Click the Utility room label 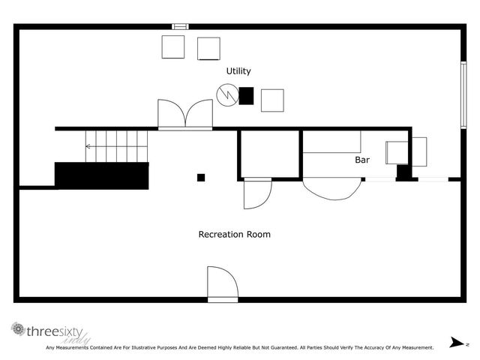tap(238, 71)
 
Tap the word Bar tap(362, 160)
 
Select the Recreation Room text tap(234, 234)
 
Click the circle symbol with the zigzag tap(226, 94)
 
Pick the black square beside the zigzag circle tap(246, 95)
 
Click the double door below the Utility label tap(185, 115)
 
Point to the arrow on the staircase tap(89, 147)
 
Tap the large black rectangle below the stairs tap(101, 175)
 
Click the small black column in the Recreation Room tap(200, 178)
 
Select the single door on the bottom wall tap(221, 283)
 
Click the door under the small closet tap(256, 193)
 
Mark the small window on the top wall tap(180, 26)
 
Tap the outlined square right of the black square tap(272, 100)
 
